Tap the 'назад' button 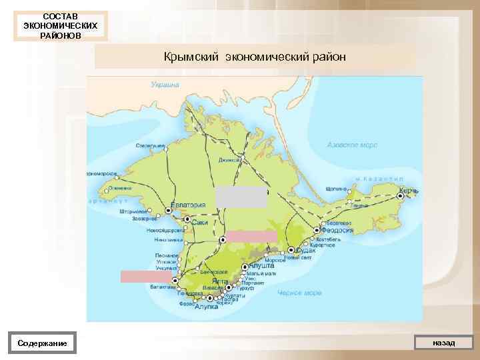443,343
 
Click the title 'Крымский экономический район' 255,57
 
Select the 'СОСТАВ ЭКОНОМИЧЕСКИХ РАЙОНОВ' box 60,25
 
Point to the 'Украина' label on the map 165,85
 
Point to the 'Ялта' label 219,282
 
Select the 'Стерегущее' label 150,144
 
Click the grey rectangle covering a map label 241,197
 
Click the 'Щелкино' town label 337,189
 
